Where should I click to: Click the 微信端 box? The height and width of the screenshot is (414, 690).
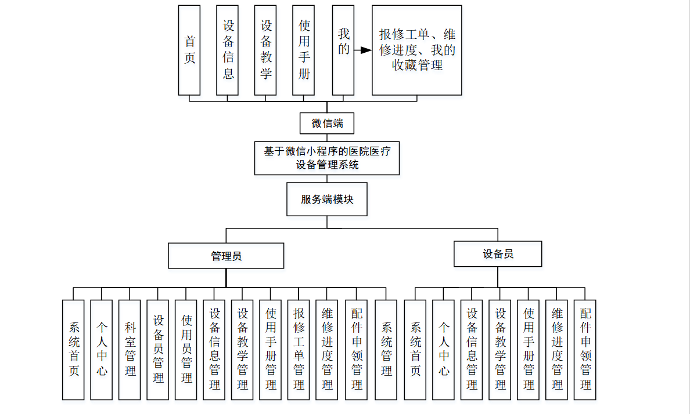coord(327,124)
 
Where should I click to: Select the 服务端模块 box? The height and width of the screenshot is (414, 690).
coord(327,199)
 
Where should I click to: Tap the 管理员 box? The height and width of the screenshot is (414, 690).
coord(226,256)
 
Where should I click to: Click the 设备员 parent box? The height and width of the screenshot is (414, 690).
coord(498,254)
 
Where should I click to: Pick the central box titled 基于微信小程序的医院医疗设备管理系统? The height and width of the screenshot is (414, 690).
coord(327,158)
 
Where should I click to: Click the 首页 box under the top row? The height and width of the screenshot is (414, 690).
coord(189,50)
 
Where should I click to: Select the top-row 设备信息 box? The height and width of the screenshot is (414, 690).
coord(228,50)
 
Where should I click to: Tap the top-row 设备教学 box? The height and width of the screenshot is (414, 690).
coord(265,50)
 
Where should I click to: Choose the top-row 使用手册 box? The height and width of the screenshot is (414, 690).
coord(304,50)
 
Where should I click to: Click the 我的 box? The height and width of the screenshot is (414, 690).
coord(343,50)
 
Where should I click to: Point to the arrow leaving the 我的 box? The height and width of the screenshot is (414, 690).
coord(363,50)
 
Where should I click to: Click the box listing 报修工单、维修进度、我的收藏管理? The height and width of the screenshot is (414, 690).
coord(417,50)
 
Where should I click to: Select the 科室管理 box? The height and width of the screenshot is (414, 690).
coord(130,350)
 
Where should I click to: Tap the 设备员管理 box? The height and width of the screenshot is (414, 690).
coord(158,350)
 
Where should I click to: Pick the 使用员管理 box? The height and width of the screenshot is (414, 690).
coord(186,350)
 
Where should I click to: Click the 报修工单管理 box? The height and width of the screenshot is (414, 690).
coord(299,350)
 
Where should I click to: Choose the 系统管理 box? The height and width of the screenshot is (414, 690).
coord(386,350)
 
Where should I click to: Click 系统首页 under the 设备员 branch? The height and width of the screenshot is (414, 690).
coord(415,350)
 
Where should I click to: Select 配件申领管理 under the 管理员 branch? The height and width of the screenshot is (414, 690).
coord(357,350)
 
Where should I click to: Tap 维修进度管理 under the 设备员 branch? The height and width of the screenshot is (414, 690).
coord(556,350)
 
